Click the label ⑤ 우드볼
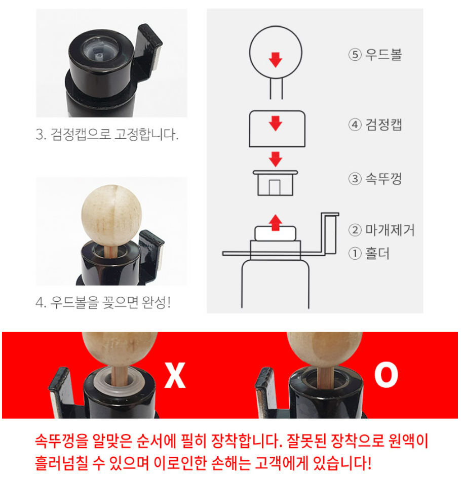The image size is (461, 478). pos(375,55)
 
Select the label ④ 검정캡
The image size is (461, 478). pos(375,125)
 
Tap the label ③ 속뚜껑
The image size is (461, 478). pos(375,178)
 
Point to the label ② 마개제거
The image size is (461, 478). pos(382,230)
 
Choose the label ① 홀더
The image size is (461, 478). pos(369,253)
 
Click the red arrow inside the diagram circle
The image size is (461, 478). pos(275,59)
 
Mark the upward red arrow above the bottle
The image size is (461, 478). pos(275,222)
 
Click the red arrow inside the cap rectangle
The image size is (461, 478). pos(275,123)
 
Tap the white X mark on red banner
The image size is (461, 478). pos(175,375)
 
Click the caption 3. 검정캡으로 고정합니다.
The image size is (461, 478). pos(107,135)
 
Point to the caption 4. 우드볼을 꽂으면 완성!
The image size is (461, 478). pos(103,302)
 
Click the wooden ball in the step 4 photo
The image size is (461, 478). pos(111,215)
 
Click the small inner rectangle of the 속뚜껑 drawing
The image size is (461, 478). pos(275,187)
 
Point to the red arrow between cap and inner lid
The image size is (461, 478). pos(275,159)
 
